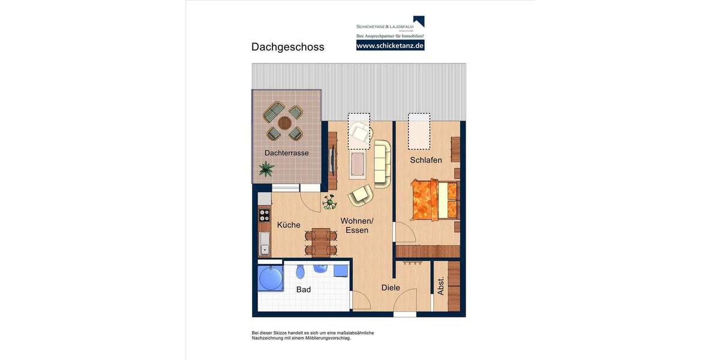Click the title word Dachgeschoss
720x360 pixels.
287,47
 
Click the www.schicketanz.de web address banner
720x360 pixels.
390,46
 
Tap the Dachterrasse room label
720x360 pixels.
286,153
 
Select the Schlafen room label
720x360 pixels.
426,160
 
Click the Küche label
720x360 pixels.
289,225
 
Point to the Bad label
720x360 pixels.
304,290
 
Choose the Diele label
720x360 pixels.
391,288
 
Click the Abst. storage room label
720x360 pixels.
441,286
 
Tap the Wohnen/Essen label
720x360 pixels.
356,226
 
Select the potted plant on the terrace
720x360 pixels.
266,169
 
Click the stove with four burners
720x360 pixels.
264,215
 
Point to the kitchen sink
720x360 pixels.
264,244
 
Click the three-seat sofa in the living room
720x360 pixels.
382,163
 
